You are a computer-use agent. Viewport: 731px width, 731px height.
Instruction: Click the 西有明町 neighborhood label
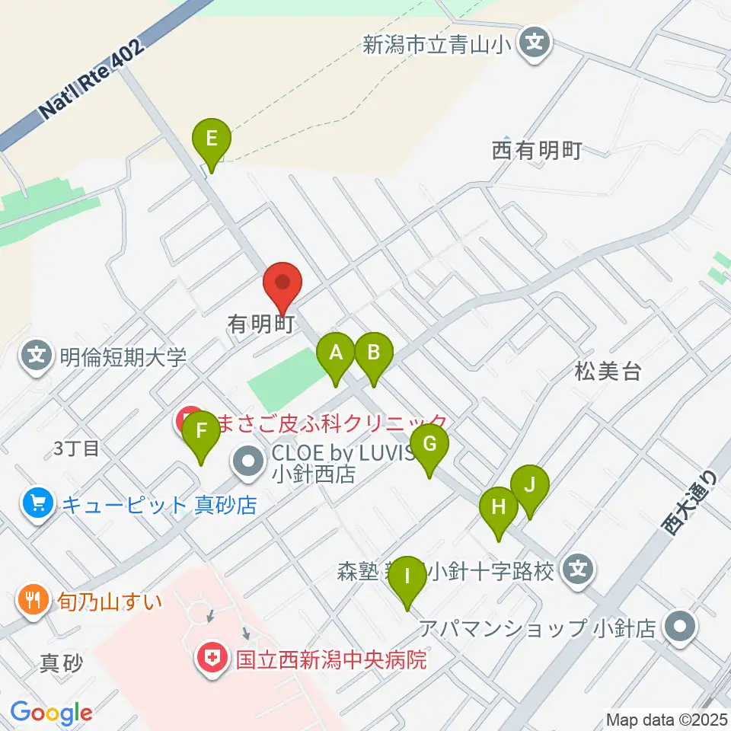point(537,150)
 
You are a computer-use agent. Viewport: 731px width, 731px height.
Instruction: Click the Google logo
point(51,713)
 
